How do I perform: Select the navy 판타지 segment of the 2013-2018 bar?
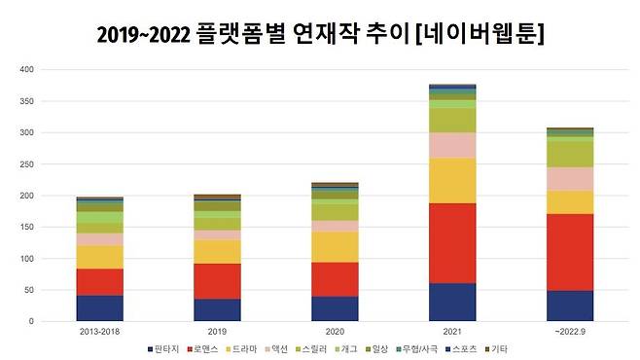point(100,307)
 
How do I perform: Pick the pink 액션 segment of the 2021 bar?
point(446,145)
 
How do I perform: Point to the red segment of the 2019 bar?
point(216,281)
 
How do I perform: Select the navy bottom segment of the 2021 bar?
point(446,302)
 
